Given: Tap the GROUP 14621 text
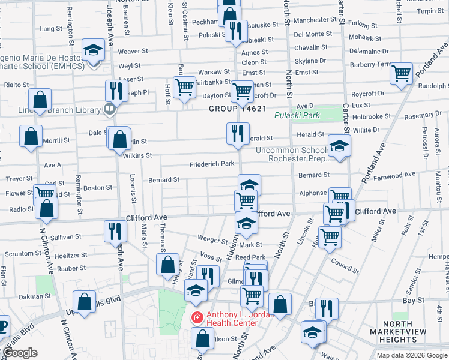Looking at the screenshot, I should point(237,109).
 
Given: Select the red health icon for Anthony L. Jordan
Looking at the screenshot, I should point(196,317).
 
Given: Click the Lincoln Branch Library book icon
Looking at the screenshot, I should point(109,109).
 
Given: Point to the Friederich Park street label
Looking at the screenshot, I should point(212,164).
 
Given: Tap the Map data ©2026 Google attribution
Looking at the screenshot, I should point(411,355).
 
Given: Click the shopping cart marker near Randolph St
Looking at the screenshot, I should point(401,73).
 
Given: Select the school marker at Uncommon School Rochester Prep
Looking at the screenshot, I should point(339,146).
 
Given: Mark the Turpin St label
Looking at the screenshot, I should point(429,11).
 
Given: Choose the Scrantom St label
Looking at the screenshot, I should point(20,254).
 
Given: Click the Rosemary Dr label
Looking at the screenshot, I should point(423,116).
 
